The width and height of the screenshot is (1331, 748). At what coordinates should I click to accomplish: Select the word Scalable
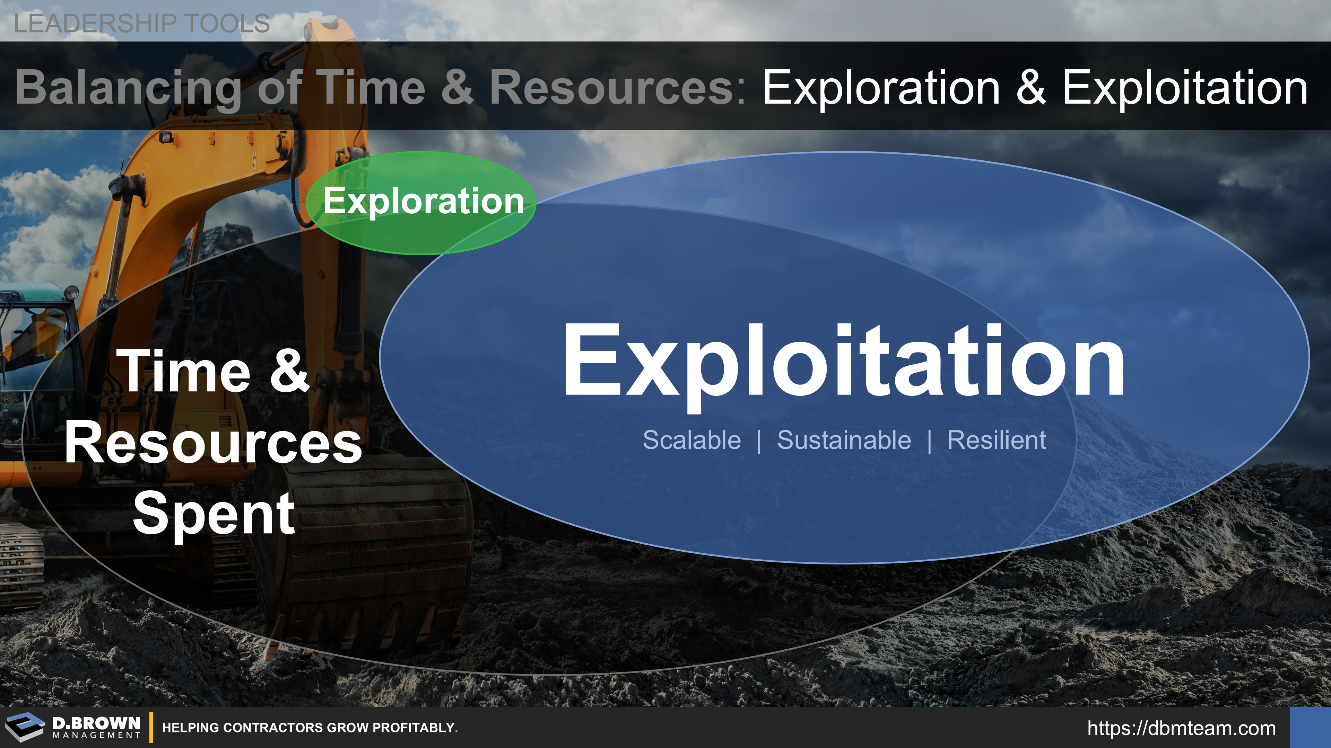tap(692, 440)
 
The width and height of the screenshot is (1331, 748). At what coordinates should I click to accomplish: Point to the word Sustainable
tap(844, 440)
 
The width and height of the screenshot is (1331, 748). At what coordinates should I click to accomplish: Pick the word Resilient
tap(997, 440)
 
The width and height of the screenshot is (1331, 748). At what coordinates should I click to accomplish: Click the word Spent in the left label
tap(214, 514)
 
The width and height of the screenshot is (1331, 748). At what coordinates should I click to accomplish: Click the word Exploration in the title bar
tap(881, 88)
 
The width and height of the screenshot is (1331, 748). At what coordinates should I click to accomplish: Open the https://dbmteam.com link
tap(1182, 728)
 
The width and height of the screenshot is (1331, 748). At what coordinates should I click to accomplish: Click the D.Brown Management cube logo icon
tap(25, 727)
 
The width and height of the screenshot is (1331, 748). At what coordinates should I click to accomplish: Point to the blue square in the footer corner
tap(1310, 727)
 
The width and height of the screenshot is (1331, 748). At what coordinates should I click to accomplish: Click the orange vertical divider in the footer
tap(151, 727)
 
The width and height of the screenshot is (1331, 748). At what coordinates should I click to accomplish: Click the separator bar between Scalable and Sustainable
tap(759, 442)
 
